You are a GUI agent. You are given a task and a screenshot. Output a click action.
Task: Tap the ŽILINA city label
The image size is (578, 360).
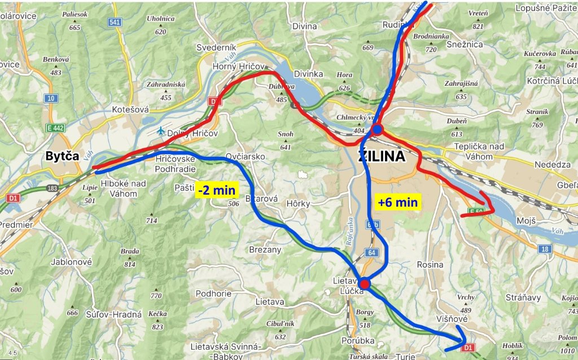pyautogui.click(x=382, y=157)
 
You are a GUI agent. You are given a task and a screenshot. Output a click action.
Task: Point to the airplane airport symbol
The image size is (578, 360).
pyautogui.click(x=162, y=131)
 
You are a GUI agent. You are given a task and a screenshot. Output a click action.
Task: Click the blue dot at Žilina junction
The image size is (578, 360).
pyautogui.click(x=378, y=130)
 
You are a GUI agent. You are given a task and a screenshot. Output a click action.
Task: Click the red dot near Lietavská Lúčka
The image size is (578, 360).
pyautogui.click(x=364, y=284)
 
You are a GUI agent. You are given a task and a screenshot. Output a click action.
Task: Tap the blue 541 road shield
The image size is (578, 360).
pyautogui.click(x=115, y=22)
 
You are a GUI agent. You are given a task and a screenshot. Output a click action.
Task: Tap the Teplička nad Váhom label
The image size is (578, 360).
pyautogui.click(x=479, y=147)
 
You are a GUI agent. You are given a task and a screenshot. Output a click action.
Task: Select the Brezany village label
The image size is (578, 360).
pyautogui.click(x=265, y=249)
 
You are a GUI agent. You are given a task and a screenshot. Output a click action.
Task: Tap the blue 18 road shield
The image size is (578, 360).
pyautogui.click(x=544, y=249)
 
